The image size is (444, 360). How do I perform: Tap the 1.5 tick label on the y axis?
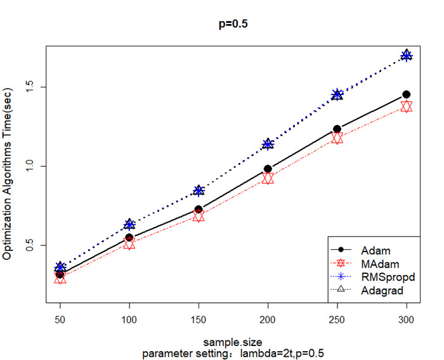(x=31, y=87)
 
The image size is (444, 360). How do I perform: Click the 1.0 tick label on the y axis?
(x=31, y=166)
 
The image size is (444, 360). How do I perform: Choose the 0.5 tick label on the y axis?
(x=31, y=245)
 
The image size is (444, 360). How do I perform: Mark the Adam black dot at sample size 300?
(x=406, y=94)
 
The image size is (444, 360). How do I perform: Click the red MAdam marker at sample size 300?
(x=406, y=106)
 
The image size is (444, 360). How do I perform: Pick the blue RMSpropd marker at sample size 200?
(x=268, y=145)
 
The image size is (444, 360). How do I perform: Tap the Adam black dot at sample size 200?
(x=268, y=169)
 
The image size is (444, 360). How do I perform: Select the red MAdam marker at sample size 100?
(x=129, y=243)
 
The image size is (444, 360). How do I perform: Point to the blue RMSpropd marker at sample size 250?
(x=337, y=94)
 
